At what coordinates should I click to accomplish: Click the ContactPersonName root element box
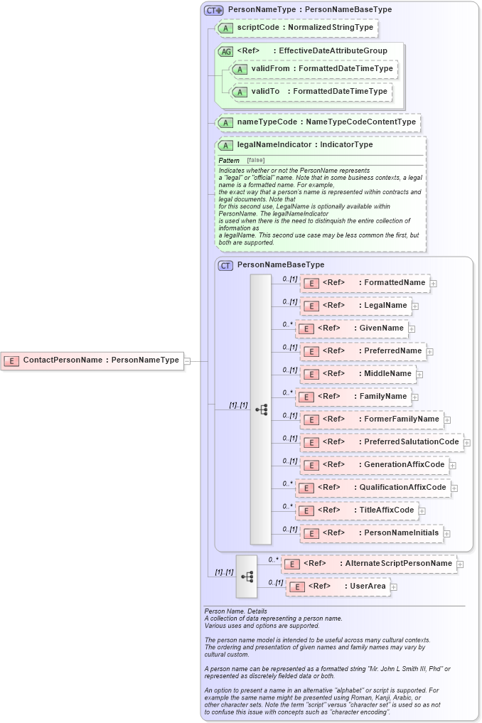[x=92, y=360]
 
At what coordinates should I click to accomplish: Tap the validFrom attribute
[x=314, y=69]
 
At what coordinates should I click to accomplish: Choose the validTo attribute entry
[x=311, y=92]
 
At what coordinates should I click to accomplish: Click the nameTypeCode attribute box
[x=318, y=122]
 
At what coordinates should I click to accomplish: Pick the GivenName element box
[x=352, y=328]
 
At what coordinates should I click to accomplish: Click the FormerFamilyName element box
[x=371, y=419]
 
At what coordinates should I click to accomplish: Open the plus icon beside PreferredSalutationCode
[x=467, y=443]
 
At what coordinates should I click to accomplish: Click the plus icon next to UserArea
[x=394, y=587]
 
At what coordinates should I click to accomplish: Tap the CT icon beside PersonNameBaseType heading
[x=225, y=265]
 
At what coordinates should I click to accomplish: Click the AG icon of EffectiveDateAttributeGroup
[x=225, y=51]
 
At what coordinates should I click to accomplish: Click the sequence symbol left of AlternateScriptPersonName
[x=247, y=576]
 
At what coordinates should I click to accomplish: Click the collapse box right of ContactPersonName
[x=187, y=360]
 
